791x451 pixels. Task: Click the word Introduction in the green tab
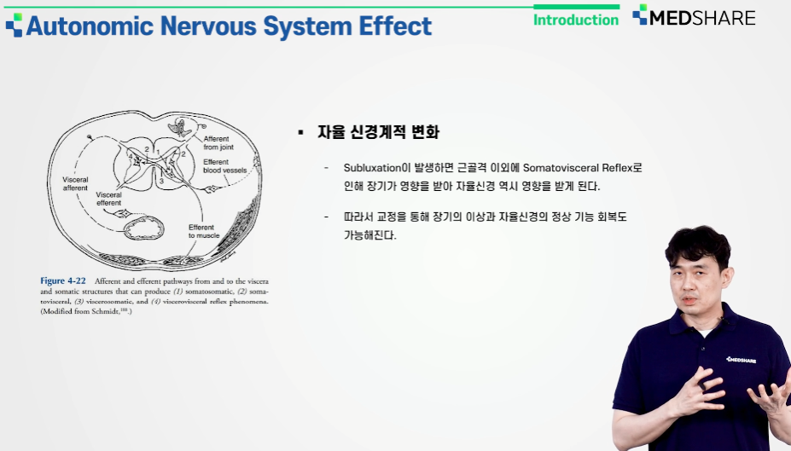576,20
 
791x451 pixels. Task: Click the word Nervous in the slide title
208,26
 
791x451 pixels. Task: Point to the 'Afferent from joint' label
218,142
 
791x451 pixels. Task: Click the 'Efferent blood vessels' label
225,165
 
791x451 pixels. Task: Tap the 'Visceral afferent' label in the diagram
75,183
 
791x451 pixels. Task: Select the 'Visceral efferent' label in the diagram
109,199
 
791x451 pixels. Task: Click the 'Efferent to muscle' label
204,231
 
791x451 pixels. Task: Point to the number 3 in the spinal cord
161,181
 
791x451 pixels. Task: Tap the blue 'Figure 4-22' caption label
63,280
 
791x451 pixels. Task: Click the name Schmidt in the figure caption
105,311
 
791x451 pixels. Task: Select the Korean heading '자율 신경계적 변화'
378,132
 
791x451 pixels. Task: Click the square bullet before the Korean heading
301,132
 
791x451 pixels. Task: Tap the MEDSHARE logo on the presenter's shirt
741,360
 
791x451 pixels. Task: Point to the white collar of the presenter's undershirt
705,333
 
